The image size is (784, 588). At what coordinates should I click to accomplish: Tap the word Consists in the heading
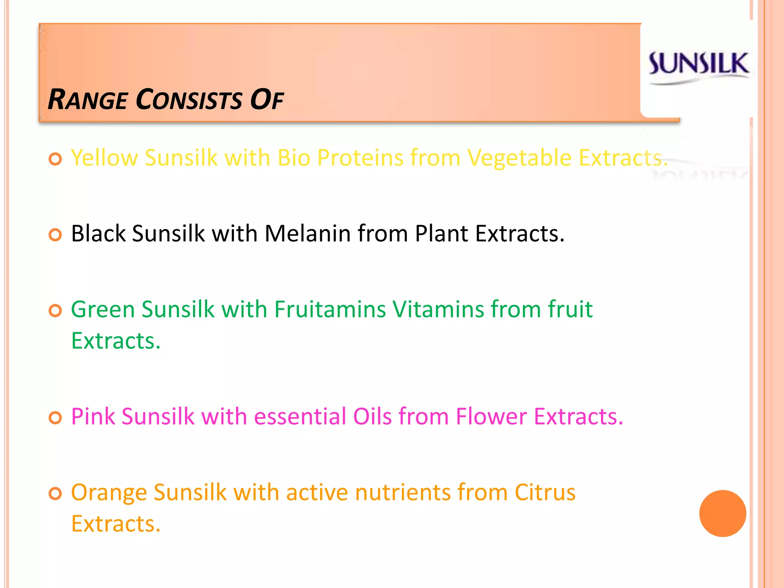click(189, 100)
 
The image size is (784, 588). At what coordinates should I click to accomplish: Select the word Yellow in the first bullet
click(105, 158)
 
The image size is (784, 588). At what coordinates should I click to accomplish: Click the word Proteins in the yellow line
click(360, 158)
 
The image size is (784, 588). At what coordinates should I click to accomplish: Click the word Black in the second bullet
click(98, 234)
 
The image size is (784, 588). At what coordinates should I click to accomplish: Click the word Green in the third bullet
click(103, 309)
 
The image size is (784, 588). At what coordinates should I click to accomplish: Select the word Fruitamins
click(330, 309)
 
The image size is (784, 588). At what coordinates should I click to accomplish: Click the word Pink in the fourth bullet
click(93, 416)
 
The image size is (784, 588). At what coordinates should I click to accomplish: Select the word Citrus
click(545, 492)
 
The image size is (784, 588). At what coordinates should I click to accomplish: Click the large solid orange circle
click(722, 513)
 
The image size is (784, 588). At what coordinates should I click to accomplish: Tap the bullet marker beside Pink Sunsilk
click(56, 418)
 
